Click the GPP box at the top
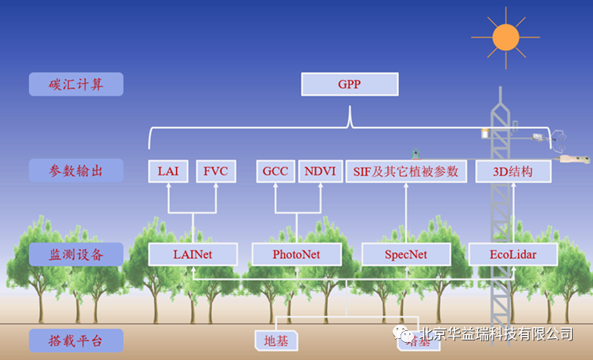(350, 84)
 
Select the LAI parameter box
(167, 171)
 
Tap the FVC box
(215, 171)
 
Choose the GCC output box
(275, 171)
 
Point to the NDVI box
(321, 171)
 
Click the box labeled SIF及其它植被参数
(406, 171)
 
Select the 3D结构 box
(513, 171)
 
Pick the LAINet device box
(192, 254)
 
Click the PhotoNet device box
(296, 254)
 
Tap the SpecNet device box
(406, 254)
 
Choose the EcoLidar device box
(512, 254)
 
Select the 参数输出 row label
(76, 171)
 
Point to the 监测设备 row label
(76, 254)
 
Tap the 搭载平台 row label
(76, 340)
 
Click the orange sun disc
(505, 36)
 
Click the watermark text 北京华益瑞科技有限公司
(496, 334)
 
